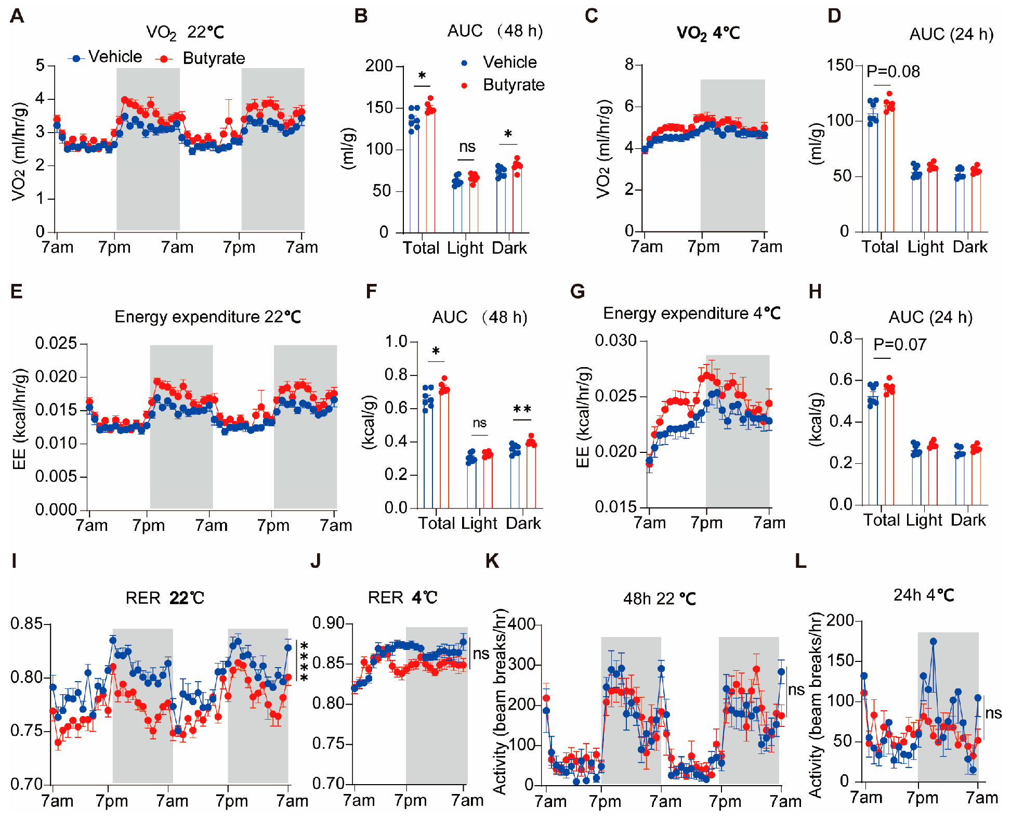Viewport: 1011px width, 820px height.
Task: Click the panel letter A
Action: [x=17, y=16]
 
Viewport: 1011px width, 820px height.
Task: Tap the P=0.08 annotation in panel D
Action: [x=892, y=71]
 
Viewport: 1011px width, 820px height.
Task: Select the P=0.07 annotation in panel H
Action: [x=899, y=344]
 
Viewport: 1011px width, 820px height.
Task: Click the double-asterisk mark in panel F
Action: [x=522, y=410]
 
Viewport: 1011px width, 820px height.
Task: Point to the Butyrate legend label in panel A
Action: [x=214, y=58]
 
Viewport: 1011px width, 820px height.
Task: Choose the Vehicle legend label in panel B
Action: [x=509, y=62]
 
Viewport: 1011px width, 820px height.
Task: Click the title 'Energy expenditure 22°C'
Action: [x=207, y=317]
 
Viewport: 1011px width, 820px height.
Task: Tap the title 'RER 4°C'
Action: [x=402, y=597]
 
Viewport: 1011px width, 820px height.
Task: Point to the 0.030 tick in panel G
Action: [x=615, y=341]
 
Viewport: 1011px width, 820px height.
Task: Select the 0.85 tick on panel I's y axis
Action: [x=27, y=623]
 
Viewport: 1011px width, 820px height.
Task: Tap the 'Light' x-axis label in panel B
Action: [x=465, y=248]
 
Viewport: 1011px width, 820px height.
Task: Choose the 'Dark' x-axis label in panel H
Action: [x=968, y=520]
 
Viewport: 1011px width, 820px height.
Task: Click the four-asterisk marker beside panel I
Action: [x=304, y=661]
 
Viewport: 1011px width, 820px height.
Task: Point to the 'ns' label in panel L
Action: [x=993, y=713]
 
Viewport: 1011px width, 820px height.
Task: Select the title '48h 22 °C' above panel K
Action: [x=659, y=599]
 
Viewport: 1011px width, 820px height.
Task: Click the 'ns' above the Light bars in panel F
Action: [x=479, y=423]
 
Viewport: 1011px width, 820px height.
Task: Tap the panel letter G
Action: [x=577, y=291]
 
